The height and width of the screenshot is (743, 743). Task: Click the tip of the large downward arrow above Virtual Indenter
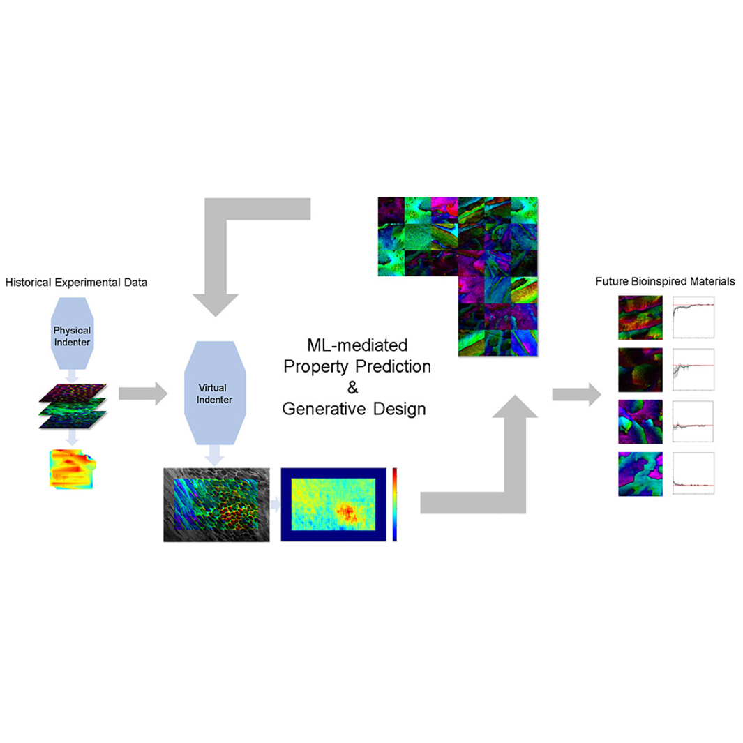[216, 317]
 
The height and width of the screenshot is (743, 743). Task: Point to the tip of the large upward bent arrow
[515, 395]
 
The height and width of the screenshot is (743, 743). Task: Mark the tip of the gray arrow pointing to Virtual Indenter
[167, 393]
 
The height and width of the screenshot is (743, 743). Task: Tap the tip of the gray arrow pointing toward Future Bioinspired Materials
[601, 394]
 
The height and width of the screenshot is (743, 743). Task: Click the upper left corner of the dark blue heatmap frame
[281, 468]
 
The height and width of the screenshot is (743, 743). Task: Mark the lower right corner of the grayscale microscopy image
[269, 541]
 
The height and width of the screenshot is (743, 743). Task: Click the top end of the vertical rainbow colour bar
[395, 468]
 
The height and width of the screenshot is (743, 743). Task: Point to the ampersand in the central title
[352, 388]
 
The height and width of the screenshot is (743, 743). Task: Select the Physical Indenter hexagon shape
[72, 333]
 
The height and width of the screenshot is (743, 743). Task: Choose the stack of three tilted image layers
[73, 406]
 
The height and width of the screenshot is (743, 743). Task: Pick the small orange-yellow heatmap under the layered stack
[73, 469]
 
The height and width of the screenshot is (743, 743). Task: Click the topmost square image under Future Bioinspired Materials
[640, 317]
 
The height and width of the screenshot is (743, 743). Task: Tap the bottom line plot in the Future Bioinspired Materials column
[693, 474]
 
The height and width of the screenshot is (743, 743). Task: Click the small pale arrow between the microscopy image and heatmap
[276, 504]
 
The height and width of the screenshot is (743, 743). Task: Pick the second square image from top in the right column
[640, 370]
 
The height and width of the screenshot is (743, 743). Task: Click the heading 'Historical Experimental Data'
[76, 283]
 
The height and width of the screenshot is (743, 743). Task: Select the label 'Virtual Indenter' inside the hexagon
[214, 393]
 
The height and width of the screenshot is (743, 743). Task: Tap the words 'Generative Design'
[354, 409]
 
